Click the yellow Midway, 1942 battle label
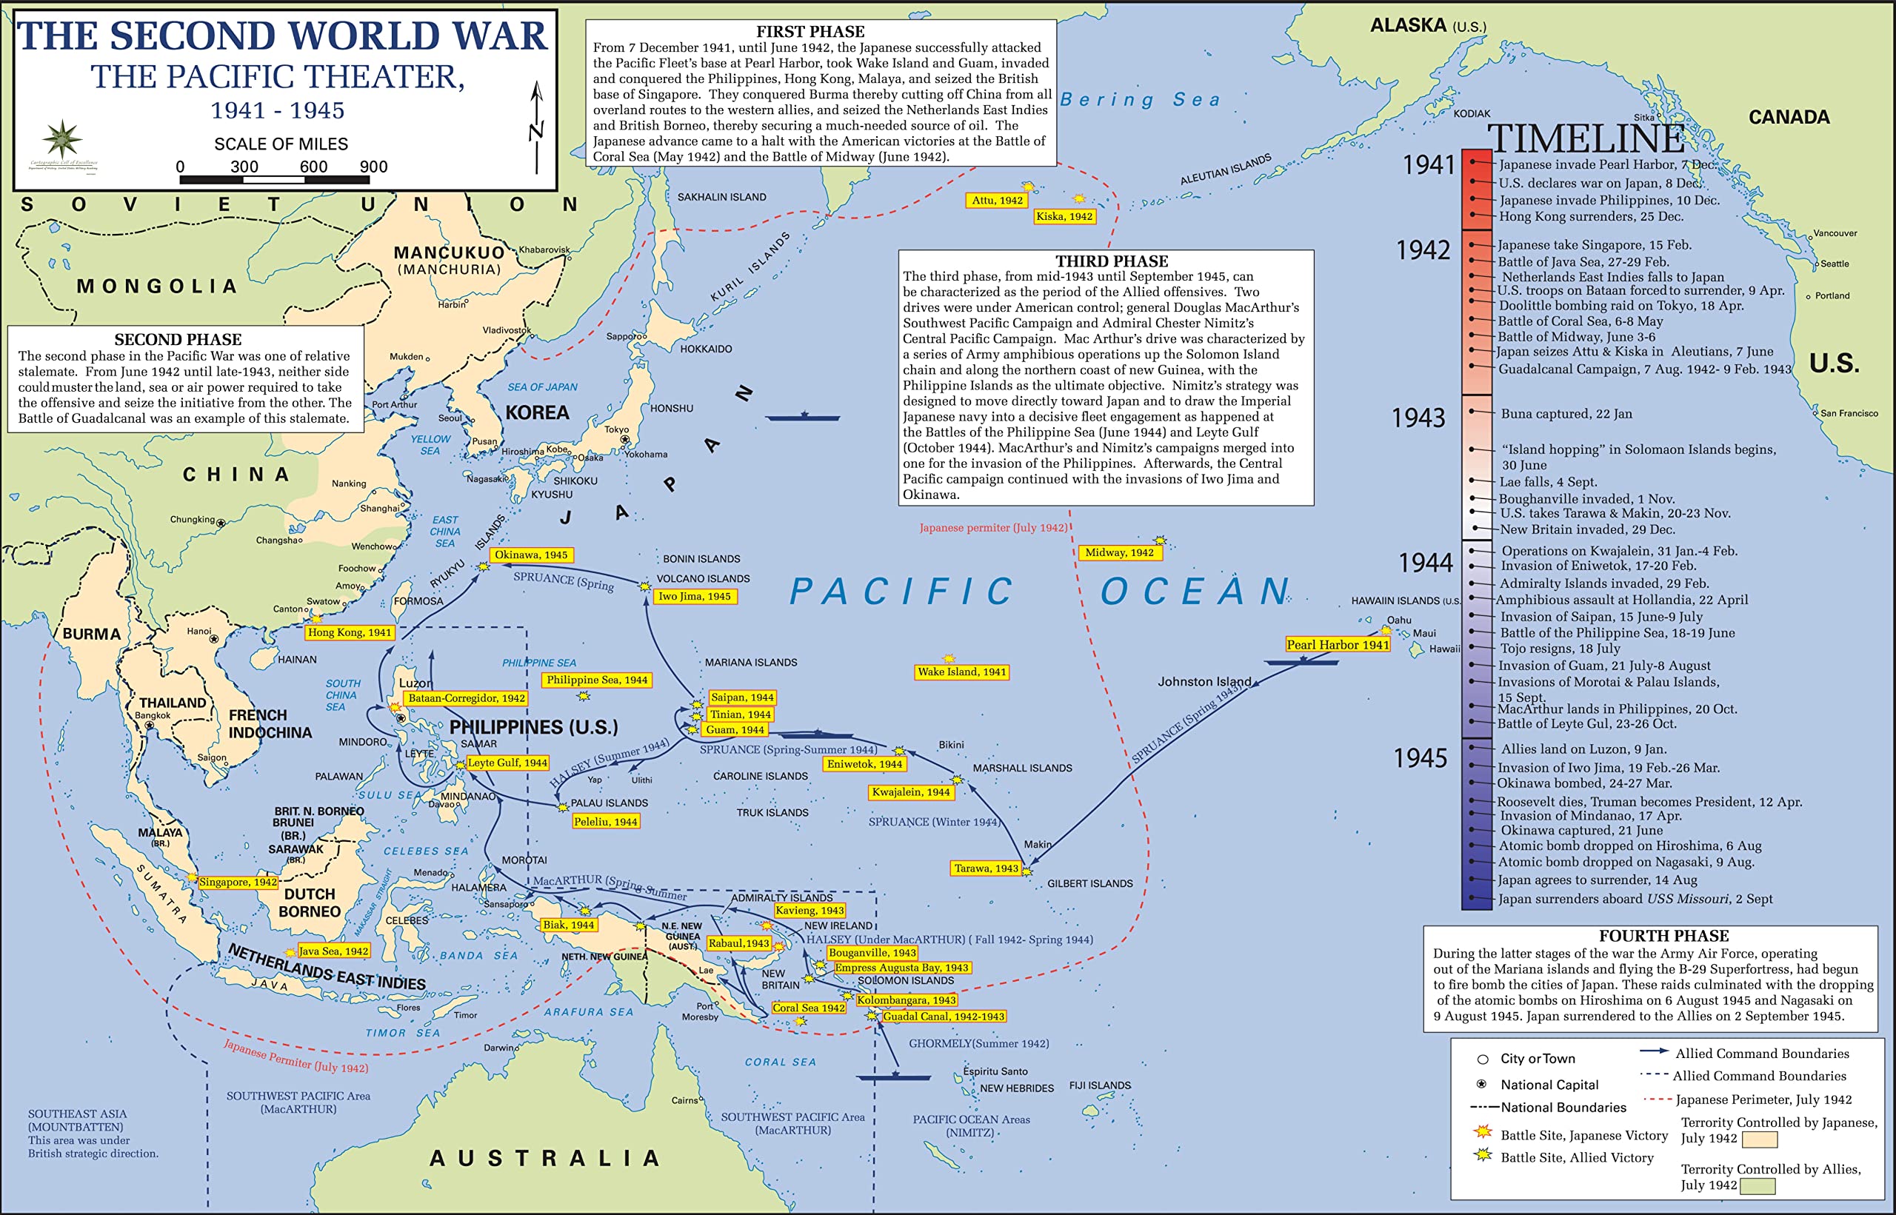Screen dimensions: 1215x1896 tap(1119, 553)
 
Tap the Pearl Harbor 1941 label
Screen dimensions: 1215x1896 tap(1338, 645)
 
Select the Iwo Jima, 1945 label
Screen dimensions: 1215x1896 tap(694, 597)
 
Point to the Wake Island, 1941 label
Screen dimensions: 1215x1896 tap(961, 672)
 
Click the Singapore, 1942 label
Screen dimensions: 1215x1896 tap(238, 882)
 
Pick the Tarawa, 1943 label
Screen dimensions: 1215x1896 tap(986, 868)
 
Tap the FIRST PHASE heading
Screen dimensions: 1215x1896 tap(810, 32)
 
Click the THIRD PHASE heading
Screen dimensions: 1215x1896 tap(1111, 261)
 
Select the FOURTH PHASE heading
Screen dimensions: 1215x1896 tap(1663, 936)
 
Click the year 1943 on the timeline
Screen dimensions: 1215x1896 tap(1418, 418)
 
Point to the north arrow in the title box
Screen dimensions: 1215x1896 tap(536, 126)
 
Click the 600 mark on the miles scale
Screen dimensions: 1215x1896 tap(313, 167)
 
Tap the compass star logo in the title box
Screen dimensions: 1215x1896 tap(62, 141)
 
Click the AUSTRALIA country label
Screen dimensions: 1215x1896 tap(544, 1158)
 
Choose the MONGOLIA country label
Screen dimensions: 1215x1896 tap(156, 286)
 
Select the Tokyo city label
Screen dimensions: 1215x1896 tap(616, 429)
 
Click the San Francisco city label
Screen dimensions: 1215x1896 tap(1849, 413)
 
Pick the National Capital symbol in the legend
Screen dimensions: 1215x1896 tap(1482, 1084)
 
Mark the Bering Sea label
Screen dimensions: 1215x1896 tap(1140, 99)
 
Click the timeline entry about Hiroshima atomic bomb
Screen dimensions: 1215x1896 tap(1629, 846)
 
